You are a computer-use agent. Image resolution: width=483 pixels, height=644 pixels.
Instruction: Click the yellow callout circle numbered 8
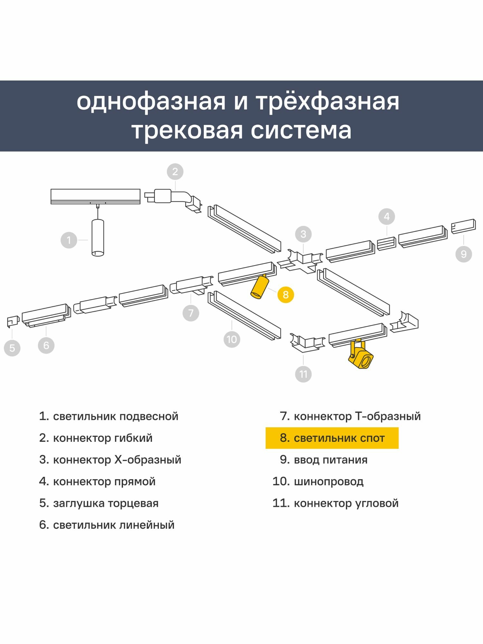click(x=286, y=294)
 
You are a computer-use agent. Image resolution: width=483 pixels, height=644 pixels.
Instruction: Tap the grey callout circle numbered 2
click(x=175, y=172)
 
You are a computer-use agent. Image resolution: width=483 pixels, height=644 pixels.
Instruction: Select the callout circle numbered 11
click(x=303, y=374)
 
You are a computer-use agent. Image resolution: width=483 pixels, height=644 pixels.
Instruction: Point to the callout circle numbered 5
click(x=12, y=348)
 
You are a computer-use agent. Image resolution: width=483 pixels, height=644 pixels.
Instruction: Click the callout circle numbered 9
click(x=464, y=254)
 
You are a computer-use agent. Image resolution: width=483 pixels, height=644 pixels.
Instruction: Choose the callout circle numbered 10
click(x=232, y=339)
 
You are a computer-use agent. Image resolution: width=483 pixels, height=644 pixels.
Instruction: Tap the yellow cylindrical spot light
click(x=260, y=287)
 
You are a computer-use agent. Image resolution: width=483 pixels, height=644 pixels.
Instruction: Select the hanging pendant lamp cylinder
click(x=98, y=238)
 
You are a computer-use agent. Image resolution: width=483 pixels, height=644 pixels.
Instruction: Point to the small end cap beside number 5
click(x=13, y=321)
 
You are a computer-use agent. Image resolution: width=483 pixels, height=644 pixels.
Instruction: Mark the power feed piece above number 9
click(x=463, y=226)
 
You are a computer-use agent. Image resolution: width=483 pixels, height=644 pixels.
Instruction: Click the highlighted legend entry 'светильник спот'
click(x=332, y=438)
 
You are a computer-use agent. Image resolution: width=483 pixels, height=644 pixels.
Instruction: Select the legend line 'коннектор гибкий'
click(x=96, y=438)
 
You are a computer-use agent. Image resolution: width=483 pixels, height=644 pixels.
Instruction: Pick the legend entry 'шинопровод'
click(x=318, y=481)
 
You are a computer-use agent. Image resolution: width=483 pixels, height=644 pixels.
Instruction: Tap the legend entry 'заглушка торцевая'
click(x=99, y=503)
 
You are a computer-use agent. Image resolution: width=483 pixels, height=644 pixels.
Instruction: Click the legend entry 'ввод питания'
click(x=324, y=460)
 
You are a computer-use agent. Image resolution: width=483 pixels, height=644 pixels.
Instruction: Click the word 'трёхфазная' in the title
click(x=327, y=102)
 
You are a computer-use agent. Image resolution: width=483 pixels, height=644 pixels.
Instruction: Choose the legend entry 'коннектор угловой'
click(x=335, y=503)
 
